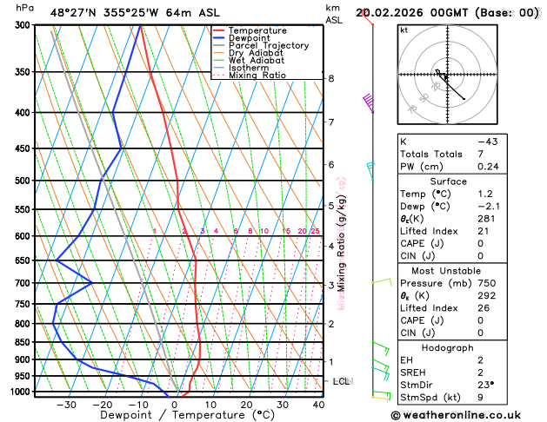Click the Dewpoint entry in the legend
(x=254, y=38)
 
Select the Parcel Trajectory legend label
(x=268, y=45)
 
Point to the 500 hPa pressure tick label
(x=23, y=181)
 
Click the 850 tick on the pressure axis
(x=23, y=342)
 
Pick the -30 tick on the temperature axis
(x=66, y=405)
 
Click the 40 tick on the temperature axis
(x=318, y=405)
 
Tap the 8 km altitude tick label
(x=330, y=78)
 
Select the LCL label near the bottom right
(x=341, y=381)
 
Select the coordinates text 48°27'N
(x=74, y=12)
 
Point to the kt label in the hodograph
(x=404, y=30)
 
